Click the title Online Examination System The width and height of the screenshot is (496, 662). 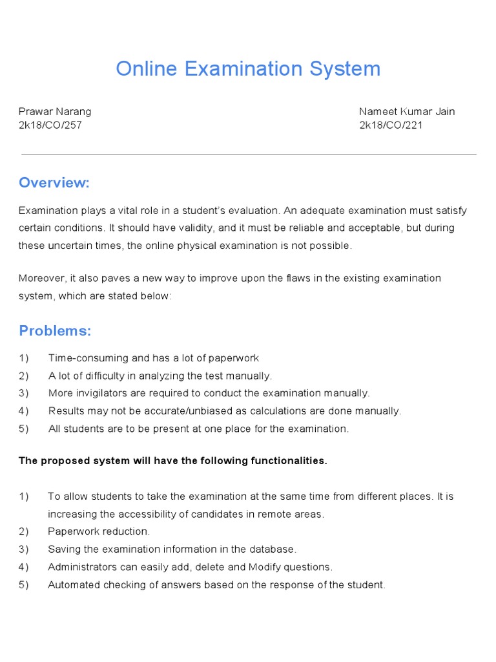[248, 69]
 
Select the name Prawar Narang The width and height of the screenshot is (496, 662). [55, 111]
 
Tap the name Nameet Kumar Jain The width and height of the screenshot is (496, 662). [407, 111]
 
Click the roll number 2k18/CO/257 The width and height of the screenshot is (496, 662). [50, 125]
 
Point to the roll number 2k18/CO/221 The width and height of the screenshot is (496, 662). [391, 125]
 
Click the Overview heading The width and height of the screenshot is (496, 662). [54, 183]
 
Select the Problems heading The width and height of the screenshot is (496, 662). [55, 331]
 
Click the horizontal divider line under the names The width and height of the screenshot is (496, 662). [248, 155]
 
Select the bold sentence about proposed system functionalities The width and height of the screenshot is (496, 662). [173, 461]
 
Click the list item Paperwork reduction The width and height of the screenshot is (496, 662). [99, 531]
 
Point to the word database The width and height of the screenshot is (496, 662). [274, 550]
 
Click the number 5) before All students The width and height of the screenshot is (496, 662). [24, 429]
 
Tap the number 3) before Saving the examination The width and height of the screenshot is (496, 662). [24, 550]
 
